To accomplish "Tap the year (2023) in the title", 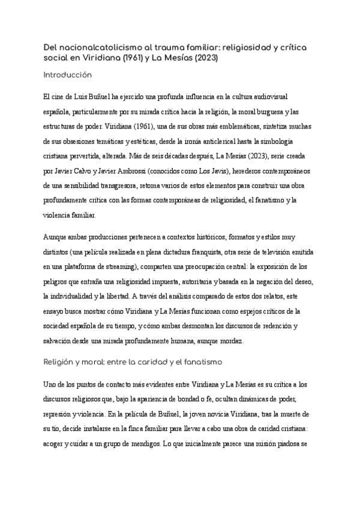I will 206,59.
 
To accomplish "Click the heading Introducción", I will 67,75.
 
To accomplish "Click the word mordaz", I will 247,341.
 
